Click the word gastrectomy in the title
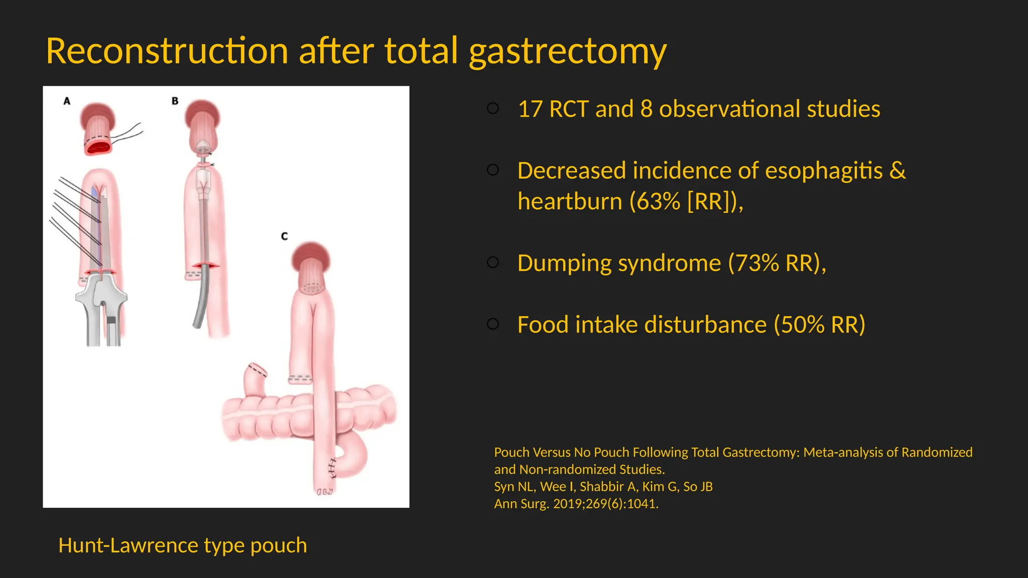[x=567, y=52]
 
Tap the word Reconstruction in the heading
[x=167, y=51]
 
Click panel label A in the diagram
[x=67, y=101]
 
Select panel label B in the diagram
[x=175, y=101]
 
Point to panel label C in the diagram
[x=284, y=236]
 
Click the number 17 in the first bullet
[x=530, y=109]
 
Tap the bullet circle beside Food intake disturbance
[x=493, y=324]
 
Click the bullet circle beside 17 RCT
[x=493, y=108]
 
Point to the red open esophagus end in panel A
[x=98, y=148]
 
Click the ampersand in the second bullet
[x=897, y=171]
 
